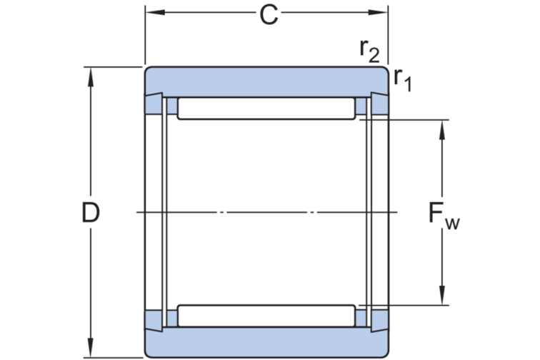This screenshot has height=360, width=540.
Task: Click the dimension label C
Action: click(269, 14)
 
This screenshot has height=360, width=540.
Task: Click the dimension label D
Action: click(89, 212)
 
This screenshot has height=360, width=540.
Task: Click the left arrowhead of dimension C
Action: click(151, 12)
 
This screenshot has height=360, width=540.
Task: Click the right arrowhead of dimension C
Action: click(383, 12)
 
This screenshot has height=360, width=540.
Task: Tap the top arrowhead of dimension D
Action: click(90, 73)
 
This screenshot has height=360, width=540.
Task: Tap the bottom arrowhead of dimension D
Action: click(90, 351)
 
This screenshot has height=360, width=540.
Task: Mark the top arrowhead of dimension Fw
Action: click(443, 126)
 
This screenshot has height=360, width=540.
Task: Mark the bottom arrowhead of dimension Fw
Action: click(443, 300)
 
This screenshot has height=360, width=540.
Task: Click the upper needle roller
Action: click(266, 109)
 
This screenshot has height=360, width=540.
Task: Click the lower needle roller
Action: click(266, 316)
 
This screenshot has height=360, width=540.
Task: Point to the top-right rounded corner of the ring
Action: click(384, 71)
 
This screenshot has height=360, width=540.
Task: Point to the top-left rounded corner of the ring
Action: click(149, 71)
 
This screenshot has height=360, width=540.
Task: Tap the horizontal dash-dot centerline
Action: click(266, 212)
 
